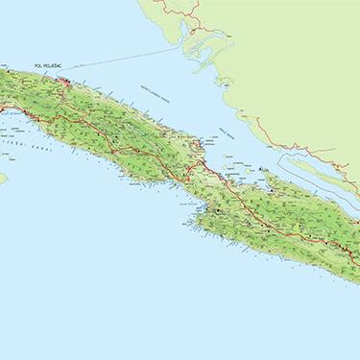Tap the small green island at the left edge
[x=3, y=179]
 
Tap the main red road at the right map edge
[x=355, y=248]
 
